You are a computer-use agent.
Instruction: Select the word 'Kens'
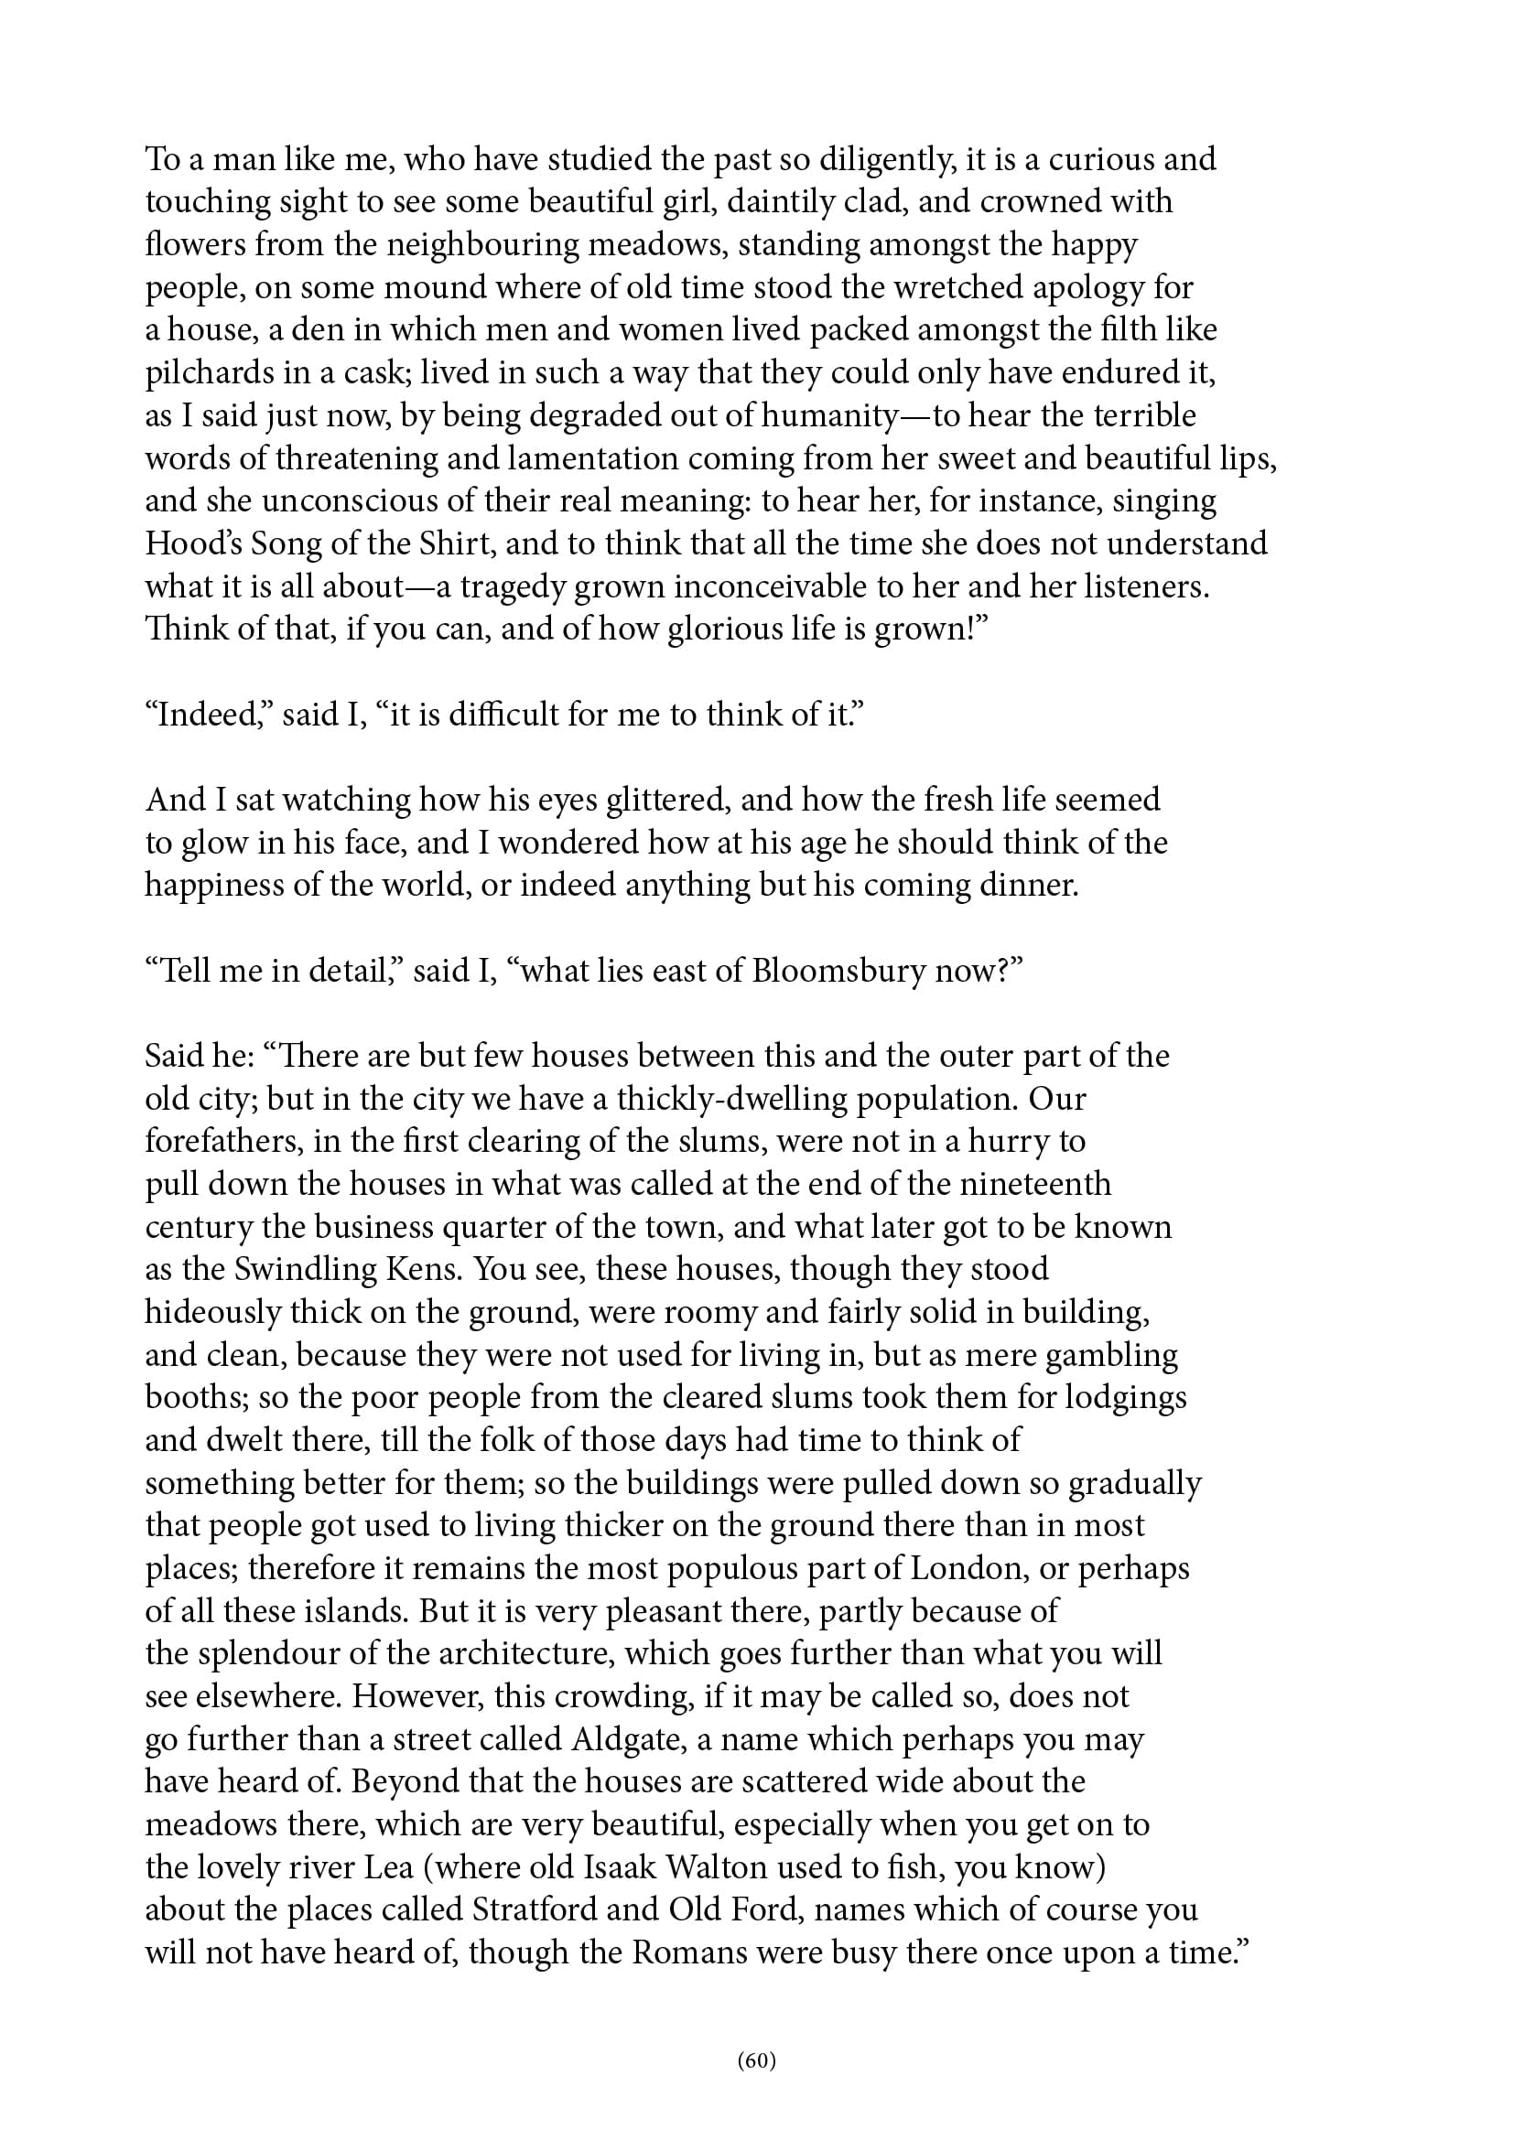[419, 1270]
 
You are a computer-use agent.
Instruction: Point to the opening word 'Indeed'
[207, 715]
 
